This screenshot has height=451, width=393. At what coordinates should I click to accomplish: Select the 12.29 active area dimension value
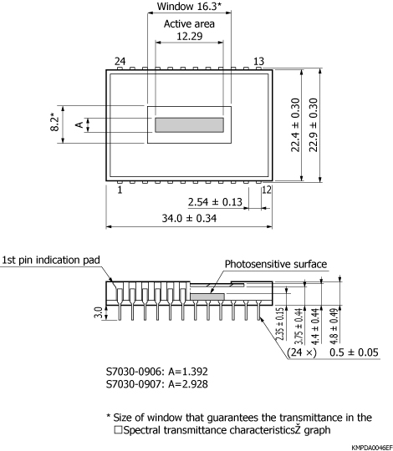(x=188, y=36)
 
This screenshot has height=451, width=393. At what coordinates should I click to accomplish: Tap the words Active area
(x=188, y=23)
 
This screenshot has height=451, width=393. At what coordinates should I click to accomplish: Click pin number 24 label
(x=120, y=62)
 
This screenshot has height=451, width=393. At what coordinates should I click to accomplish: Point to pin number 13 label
(x=258, y=62)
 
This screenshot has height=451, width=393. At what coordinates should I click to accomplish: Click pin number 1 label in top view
(x=120, y=190)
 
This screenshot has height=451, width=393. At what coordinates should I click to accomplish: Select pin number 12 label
(x=267, y=190)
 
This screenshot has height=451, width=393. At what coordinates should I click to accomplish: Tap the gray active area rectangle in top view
(x=189, y=124)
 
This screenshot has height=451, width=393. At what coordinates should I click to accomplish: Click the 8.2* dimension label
(x=52, y=124)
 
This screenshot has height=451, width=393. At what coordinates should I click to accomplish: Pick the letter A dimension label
(x=79, y=124)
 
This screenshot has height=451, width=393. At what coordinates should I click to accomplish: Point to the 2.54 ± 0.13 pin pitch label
(x=215, y=202)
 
